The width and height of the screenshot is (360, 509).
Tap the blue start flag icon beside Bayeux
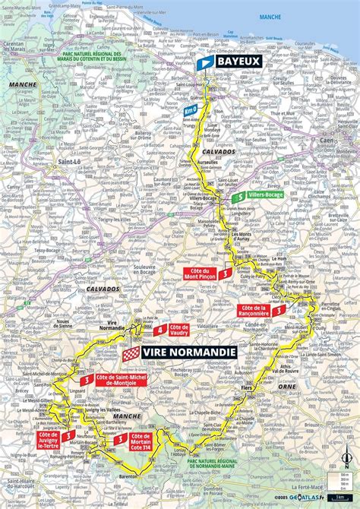click(x=204, y=63)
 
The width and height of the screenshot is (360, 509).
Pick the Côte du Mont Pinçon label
click(x=200, y=273)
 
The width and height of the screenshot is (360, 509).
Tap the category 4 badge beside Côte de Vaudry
click(x=159, y=330)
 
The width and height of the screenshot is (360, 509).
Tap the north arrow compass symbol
click(x=346, y=456)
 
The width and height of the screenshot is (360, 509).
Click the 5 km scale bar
click(x=346, y=498)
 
